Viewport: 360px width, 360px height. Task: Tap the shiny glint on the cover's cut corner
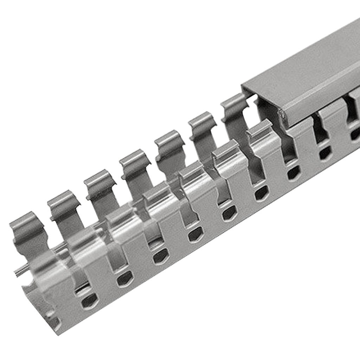pos(282,114)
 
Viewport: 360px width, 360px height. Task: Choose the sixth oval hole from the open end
pos(261,193)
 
